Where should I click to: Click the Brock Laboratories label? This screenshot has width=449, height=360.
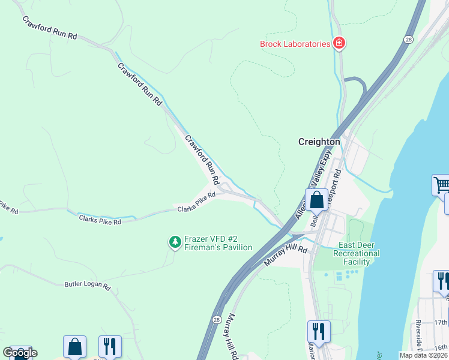295,44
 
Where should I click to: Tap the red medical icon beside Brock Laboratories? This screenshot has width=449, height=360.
339,43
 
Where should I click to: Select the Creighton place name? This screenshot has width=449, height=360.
319,142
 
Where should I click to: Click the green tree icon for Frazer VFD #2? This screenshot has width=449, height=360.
175,242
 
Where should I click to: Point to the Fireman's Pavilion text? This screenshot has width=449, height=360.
218,247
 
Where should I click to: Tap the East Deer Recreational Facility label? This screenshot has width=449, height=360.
359,253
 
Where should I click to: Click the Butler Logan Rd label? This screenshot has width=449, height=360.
88,286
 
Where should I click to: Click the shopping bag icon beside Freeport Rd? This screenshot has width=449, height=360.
316,199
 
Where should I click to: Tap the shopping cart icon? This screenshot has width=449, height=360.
441,185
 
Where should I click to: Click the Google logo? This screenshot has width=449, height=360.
20,352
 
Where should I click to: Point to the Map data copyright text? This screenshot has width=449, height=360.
424,355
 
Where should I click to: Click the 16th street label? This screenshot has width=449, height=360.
441,347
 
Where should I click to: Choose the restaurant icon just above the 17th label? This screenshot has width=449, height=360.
441,281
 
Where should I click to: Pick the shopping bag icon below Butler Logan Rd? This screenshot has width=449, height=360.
74,346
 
